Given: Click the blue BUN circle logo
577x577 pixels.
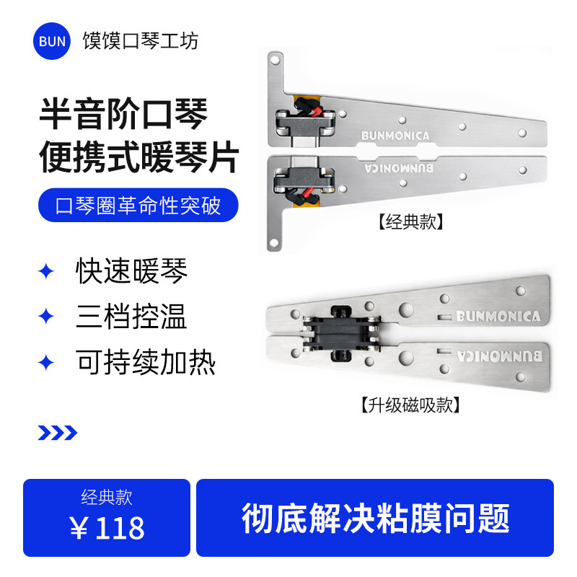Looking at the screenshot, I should coord(53,41).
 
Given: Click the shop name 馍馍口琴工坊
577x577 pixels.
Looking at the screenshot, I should coord(140,40).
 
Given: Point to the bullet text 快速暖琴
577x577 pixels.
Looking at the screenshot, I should coord(131,271).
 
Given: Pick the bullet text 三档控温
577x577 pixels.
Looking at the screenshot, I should coord(131,317).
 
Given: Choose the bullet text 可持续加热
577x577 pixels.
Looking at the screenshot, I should coord(146,362).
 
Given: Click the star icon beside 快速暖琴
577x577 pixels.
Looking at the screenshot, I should coord(46,271).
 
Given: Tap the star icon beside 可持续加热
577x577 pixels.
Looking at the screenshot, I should coord(46,362).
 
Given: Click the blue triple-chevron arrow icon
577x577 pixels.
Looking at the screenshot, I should coord(57,433).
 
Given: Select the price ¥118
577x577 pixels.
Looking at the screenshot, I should coord(107,529).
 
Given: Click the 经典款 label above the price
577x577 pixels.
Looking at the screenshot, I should coord(107,497).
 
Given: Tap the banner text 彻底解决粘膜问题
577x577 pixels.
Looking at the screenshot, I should coord(375,518).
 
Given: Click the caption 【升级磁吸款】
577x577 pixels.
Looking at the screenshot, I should coord(410,405).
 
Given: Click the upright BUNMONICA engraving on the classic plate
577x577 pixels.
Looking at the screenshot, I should coord(396,135).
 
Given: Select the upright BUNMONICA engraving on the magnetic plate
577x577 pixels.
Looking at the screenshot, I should coord(498,316).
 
